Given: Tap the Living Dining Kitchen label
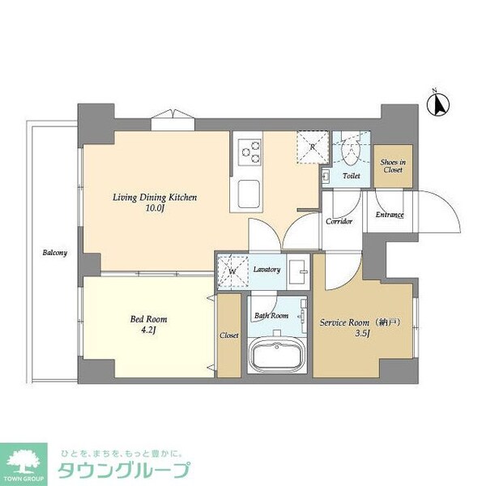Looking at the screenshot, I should click(x=154, y=197).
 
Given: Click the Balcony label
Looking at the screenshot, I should click(x=55, y=253).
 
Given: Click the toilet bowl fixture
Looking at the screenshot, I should click(x=352, y=151).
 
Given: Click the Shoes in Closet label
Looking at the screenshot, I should click(x=393, y=166).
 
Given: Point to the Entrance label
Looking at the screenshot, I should click(x=390, y=215).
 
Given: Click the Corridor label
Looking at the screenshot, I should click(x=339, y=220).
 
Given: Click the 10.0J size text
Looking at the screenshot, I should click(x=155, y=209).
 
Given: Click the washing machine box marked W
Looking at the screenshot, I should click(x=232, y=271).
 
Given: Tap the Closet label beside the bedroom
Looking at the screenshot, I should click(x=229, y=335).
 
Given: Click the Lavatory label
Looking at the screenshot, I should click(x=266, y=269).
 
